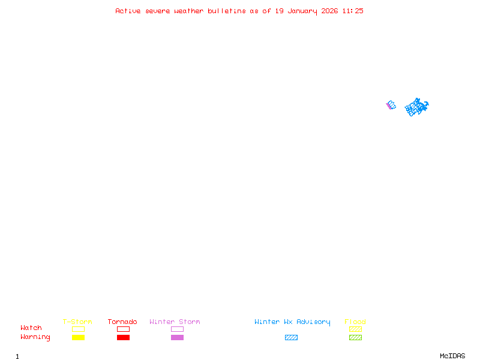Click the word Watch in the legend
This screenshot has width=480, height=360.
tap(31, 328)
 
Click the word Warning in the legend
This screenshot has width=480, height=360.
tap(35, 337)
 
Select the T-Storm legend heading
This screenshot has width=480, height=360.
tap(77, 322)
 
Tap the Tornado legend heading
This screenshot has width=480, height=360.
tap(122, 322)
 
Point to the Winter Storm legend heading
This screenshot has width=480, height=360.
tap(175, 322)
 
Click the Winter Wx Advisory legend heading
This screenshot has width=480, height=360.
tap(292, 322)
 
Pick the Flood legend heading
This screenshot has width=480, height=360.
tap(355, 322)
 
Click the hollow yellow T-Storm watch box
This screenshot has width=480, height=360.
tap(78, 329)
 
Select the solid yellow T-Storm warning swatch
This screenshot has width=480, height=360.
tap(78, 338)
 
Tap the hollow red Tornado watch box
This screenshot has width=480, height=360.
tap(123, 329)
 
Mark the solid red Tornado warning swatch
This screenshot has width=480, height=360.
tap(123, 338)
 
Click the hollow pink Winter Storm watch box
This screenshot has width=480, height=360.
tap(177, 329)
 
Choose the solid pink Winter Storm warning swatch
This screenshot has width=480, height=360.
tap(177, 338)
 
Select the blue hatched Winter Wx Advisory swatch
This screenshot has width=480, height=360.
tap(291, 338)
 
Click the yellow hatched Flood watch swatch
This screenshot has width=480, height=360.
tap(355, 329)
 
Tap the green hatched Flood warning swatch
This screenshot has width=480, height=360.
tap(355, 338)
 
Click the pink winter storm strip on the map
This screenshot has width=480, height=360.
tap(388, 106)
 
